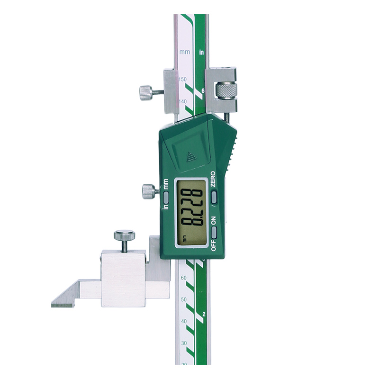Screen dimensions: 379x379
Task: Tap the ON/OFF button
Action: [x=214, y=233]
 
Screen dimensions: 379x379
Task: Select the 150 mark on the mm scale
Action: [x=182, y=79]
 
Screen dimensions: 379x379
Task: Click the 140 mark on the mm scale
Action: [x=182, y=101]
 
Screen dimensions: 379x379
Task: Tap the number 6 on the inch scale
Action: [x=203, y=90]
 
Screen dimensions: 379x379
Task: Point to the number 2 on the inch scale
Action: [x=203, y=314]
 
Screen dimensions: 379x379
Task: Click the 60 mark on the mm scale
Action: [x=183, y=278]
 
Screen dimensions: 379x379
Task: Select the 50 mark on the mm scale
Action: [x=183, y=300]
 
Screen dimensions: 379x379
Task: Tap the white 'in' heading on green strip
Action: [x=202, y=52]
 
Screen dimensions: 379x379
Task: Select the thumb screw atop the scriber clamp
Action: [x=124, y=235]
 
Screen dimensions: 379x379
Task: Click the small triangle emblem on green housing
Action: [x=191, y=157]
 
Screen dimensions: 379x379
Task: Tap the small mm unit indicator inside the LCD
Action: [x=180, y=239]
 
